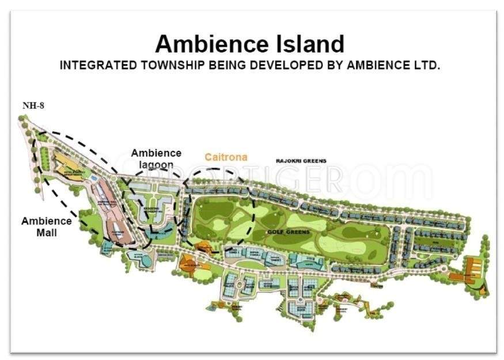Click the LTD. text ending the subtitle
pyautogui.click(x=426, y=65)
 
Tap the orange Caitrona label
pyautogui.click(x=226, y=157)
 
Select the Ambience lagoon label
pyautogui.click(x=156, y=158)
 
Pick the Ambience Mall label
pyautogui.click(x=47, y=226)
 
